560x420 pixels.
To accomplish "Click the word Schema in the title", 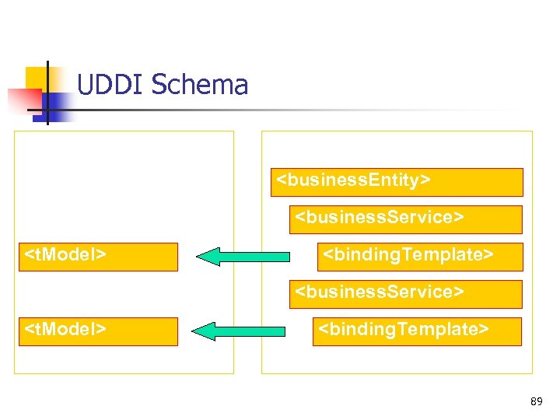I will coord(199,85).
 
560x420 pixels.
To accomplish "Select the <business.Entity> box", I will coord(396,182).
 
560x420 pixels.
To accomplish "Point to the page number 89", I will coord(536,401).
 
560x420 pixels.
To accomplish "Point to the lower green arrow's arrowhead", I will coord(205,331).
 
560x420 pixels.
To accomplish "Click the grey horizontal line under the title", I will coord(311,110).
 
